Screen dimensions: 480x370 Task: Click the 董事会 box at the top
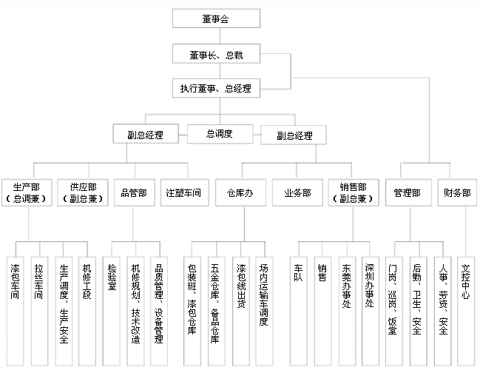[216, 18]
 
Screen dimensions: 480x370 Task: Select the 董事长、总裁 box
[216, 54]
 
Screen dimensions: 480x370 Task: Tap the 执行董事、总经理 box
[216, 88]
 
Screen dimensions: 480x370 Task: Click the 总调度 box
[220, 134]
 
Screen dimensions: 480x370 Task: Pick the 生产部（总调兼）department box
[27, 192]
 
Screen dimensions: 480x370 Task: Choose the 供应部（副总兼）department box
[83, 192]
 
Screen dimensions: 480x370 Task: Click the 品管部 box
[135, 192]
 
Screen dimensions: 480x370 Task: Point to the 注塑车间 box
[185, 192]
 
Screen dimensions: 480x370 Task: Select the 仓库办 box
[240, 192]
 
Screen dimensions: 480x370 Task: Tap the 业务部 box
[297, 192]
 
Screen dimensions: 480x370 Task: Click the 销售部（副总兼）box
[354, 192]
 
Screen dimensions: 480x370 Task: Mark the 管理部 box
[408, 192]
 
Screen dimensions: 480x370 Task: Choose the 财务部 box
[457, 192]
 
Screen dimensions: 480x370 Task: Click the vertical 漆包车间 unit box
[16, 312]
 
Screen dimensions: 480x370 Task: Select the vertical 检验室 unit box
[112, 312]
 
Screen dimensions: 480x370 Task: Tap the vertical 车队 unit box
[299, 312]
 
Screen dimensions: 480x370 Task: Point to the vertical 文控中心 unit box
[466, 312]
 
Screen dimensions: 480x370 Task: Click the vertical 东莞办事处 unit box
[347, 312]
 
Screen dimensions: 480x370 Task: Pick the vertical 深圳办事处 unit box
[371, 312]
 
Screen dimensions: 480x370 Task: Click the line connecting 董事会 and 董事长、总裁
[220, 36]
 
